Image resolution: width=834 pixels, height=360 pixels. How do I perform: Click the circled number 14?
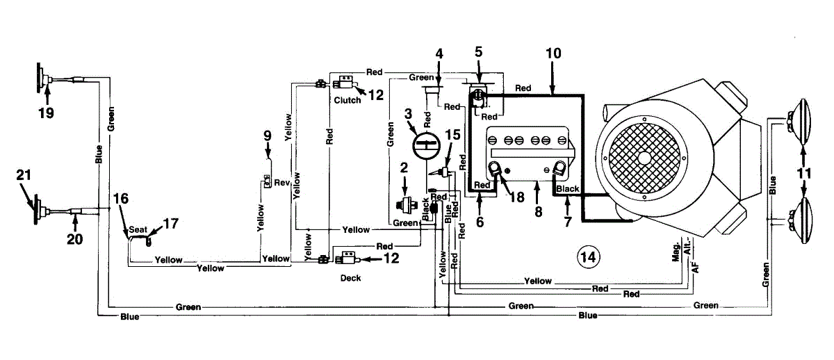(x=588, y=257)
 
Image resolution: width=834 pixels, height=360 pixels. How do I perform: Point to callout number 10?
(x=553, y=53)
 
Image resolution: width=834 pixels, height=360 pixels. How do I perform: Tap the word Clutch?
(x=347, y=100)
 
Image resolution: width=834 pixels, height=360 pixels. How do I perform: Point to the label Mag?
(x=677, y=255)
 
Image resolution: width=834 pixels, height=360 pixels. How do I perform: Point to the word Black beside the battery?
(x=568, y=189)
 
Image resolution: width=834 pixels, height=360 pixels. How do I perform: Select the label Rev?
(x=281, y=183)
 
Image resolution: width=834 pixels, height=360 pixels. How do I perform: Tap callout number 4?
(x=439, y=53)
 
